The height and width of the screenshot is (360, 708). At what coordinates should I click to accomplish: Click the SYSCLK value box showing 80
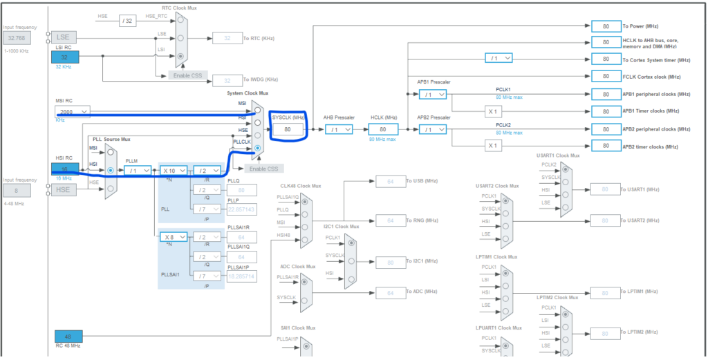pos(288,129)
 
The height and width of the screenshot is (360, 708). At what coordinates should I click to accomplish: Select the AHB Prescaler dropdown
pos(339,129)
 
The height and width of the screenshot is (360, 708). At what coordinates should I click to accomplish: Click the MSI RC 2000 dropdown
pos(73,111)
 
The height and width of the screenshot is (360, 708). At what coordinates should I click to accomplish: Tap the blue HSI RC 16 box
pos(65,169)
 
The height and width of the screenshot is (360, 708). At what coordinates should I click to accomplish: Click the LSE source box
pos(65,37)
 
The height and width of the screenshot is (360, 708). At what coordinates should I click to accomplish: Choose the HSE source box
pos(65,189)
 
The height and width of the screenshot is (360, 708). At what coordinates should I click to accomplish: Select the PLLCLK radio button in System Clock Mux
pos(258,148)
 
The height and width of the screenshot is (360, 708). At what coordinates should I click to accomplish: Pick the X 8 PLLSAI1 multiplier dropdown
pos(173,237)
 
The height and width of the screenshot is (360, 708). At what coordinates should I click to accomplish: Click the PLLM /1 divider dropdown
pos(138,170)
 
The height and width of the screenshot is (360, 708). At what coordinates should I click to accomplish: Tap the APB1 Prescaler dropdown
pos(432,94)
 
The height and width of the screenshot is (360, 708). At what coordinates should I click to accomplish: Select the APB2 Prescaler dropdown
pos(432,129)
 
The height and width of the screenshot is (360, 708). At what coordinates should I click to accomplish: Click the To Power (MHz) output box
pos(606,26)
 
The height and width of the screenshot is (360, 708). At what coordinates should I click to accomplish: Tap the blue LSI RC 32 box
pos(65,57)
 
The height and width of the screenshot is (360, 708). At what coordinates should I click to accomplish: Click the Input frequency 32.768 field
pos(18,38)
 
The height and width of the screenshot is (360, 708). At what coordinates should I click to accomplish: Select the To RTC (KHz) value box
pos(227,38)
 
